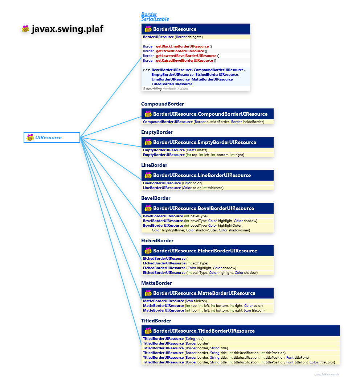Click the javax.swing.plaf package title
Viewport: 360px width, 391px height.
click(69, 29)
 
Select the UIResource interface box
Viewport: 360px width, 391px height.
click(52, 137)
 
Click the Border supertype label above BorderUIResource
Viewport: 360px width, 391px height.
click(149, 15)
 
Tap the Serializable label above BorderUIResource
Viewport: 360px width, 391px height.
click(155, 19)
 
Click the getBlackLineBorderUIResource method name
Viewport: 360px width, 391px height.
click(182, 46)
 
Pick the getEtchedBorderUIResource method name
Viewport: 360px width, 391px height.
click(180, 51)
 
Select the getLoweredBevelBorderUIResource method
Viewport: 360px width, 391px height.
click(186, 56)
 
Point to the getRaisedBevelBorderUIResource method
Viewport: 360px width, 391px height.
click(184, 61)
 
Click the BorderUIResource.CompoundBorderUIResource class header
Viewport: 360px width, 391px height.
click(210, 114)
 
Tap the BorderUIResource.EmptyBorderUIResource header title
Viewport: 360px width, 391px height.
click(204, 142)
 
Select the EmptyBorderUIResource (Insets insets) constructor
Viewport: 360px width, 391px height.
click(175, 150)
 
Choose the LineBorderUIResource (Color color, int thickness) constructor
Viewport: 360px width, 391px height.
click(183, 188)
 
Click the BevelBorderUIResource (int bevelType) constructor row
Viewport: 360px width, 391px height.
click(175, 216)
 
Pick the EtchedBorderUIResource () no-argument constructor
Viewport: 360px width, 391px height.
click(165, 259)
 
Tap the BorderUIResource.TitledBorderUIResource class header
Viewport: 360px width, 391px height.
click(204, 331)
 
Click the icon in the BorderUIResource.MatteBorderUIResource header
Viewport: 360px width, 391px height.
click(148, 293)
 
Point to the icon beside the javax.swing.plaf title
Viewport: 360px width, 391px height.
click(25, 29)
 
